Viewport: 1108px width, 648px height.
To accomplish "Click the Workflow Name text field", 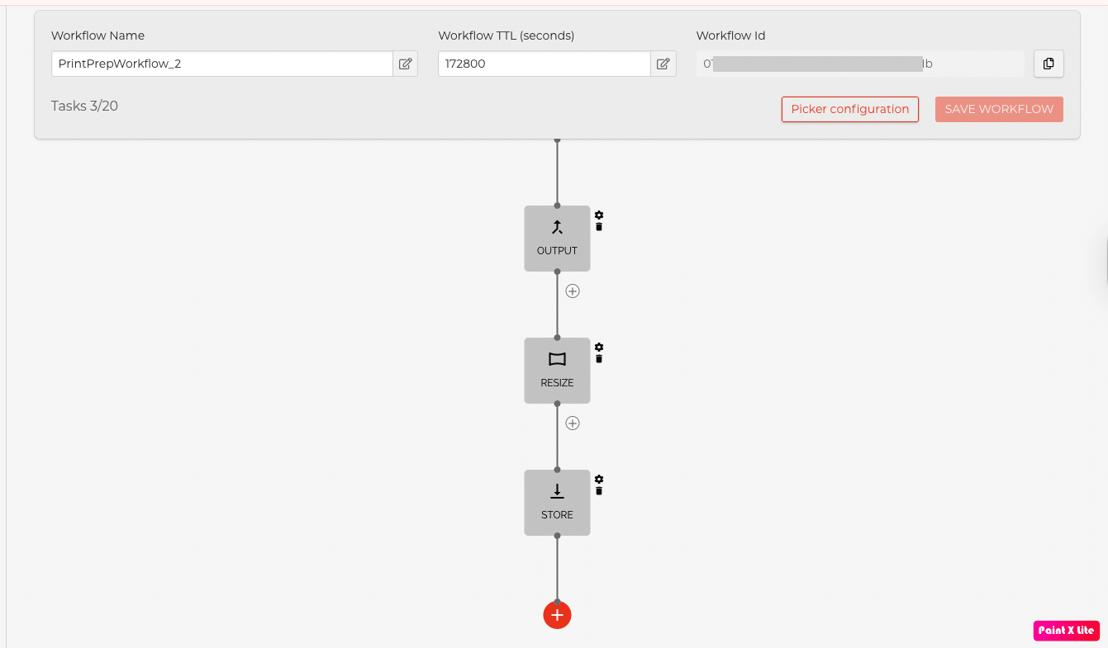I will [x=221, y=64].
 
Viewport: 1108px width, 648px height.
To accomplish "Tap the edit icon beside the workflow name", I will [x=406, y=64].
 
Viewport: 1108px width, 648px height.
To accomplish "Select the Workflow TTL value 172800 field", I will [x=544, y=64].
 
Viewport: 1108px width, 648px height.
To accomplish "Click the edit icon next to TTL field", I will [x=663, y=64].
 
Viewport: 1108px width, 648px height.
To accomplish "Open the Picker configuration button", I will [x=849, y=109].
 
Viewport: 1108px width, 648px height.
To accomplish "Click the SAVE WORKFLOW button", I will [x=999, y=109].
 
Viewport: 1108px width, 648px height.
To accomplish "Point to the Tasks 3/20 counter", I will [x=84, y=106].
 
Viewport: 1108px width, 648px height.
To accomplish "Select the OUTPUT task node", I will [x=557, y=238].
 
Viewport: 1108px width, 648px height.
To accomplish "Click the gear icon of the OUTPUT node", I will [x=599, y=215].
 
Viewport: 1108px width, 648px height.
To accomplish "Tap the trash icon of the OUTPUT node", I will [x=599, y=226].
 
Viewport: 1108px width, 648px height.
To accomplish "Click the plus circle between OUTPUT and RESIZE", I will [x=573, y=291].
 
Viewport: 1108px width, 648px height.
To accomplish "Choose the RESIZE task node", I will [x=557, y=370].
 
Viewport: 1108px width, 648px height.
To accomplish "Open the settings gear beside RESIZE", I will [x=599, y=348].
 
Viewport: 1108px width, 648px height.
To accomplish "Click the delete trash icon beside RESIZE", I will [x=599, y=358].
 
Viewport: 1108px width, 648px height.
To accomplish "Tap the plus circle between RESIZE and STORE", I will [x=573, y=423].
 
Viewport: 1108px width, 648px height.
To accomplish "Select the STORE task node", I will [x=557, y=502].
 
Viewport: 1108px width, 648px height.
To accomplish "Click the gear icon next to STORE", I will [x=599, y=480].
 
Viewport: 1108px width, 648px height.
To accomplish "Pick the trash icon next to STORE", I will [x=599, y=490].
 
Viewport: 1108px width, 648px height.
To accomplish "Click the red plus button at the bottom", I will [x=557, y=615].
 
